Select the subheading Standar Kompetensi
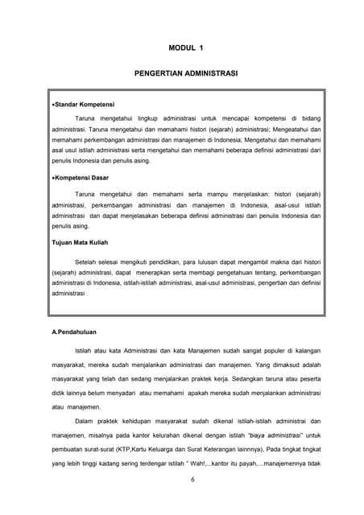click(85, 105)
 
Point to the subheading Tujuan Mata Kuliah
click(81, 242)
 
